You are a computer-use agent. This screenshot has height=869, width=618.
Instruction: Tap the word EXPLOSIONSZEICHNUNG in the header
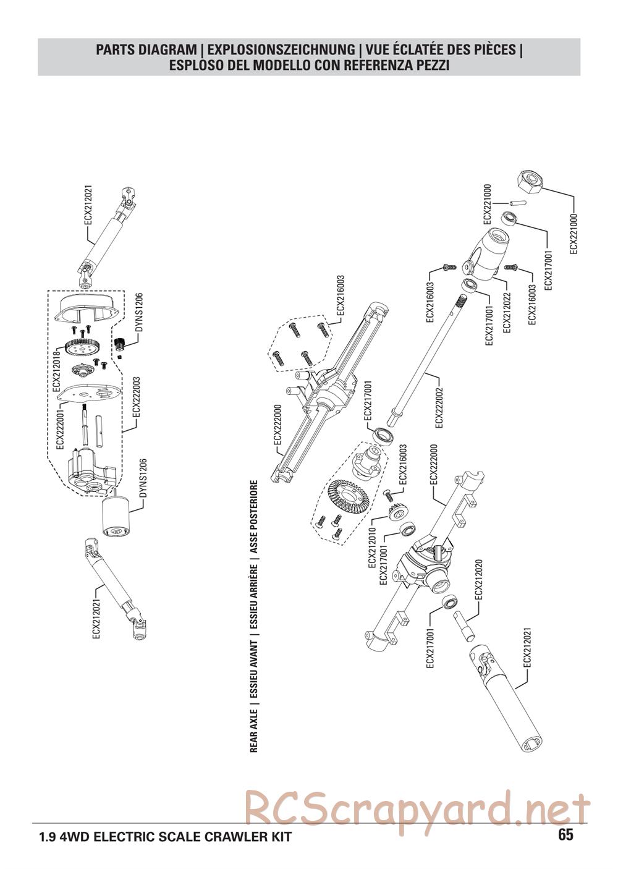click(281, 49)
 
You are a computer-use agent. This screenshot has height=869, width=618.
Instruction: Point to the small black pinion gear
click(119, 342)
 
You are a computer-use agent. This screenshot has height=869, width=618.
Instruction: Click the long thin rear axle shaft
click(428, 359)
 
